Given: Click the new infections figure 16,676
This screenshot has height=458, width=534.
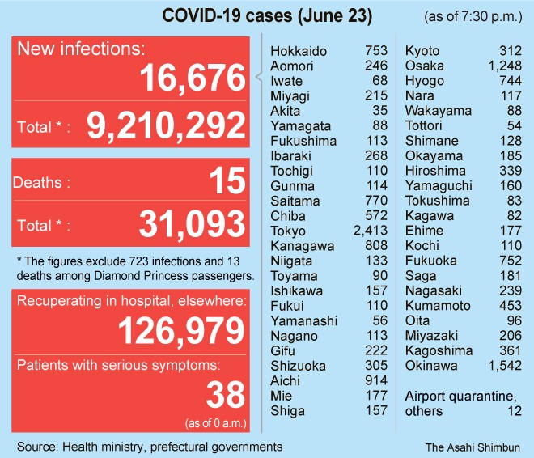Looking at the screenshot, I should pyautogui.click(x=193, y=78).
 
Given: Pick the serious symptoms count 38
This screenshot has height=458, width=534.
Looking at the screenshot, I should pyautogui.click(x=225, y=395).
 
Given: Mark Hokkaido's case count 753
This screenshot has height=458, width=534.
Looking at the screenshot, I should pyautogui.click(x=376, y=52).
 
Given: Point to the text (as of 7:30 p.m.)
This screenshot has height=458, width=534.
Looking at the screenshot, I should pyautogui.click(x=474, y=16).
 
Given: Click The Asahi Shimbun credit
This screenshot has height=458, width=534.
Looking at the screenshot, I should pyautogui.click(x=473, y=447).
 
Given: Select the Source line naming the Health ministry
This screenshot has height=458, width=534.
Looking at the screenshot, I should pyautogui.click(x=150, y=447).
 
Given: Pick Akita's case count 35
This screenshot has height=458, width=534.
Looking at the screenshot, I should pyautogui.click(x=380, y=112).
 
